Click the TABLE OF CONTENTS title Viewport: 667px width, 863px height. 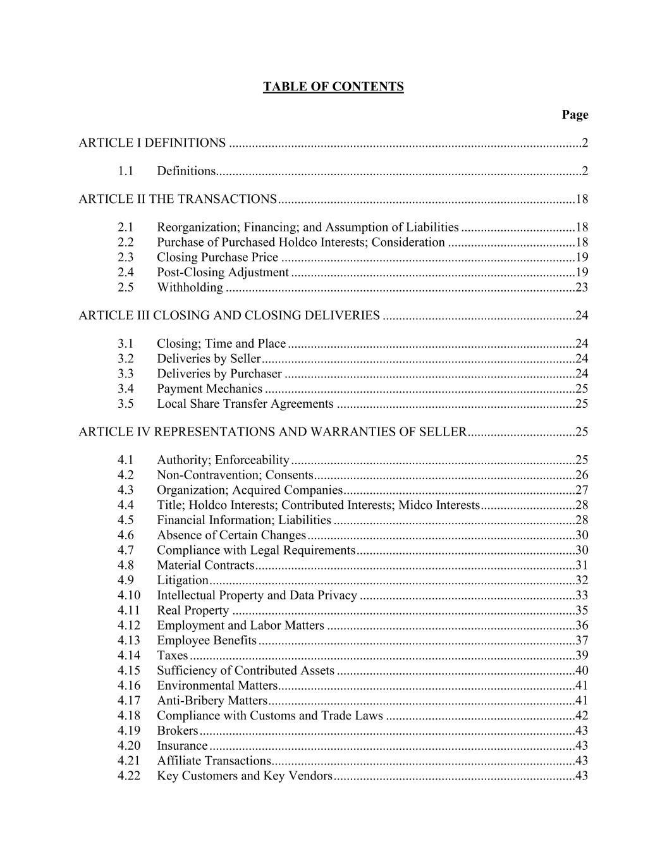(x=333, y=87)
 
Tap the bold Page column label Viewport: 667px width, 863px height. (x=575, y=114)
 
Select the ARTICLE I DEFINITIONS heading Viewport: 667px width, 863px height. (x=152, y=143)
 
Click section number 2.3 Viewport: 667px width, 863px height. (x=125, y=257)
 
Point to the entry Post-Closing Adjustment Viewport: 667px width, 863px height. (x=223, y=272)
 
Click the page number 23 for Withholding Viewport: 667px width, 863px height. (x=582, y=288)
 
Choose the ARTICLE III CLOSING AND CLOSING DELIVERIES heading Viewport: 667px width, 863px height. (x=229, y=315)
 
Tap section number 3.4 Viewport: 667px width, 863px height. (x=125, y=389)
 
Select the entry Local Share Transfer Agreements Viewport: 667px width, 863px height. (x=245, y=404)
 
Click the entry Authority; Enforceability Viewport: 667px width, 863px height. (x=223, y=460)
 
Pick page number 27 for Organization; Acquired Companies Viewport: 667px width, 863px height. (x=582, y=490)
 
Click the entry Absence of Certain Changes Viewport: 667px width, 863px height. (x=231, y=536)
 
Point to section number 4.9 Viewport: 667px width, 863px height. (x=125, y=580)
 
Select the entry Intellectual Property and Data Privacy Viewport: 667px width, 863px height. (x=257, y=596)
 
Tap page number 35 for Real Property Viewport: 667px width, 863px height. (x=582, y=611)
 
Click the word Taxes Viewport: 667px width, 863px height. (x=172, y=656)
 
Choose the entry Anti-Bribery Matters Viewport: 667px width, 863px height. (x=212, y=701)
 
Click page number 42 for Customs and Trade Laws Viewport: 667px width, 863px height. (x=582, y=716)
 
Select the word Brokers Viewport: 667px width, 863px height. (x=177, y=731)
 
